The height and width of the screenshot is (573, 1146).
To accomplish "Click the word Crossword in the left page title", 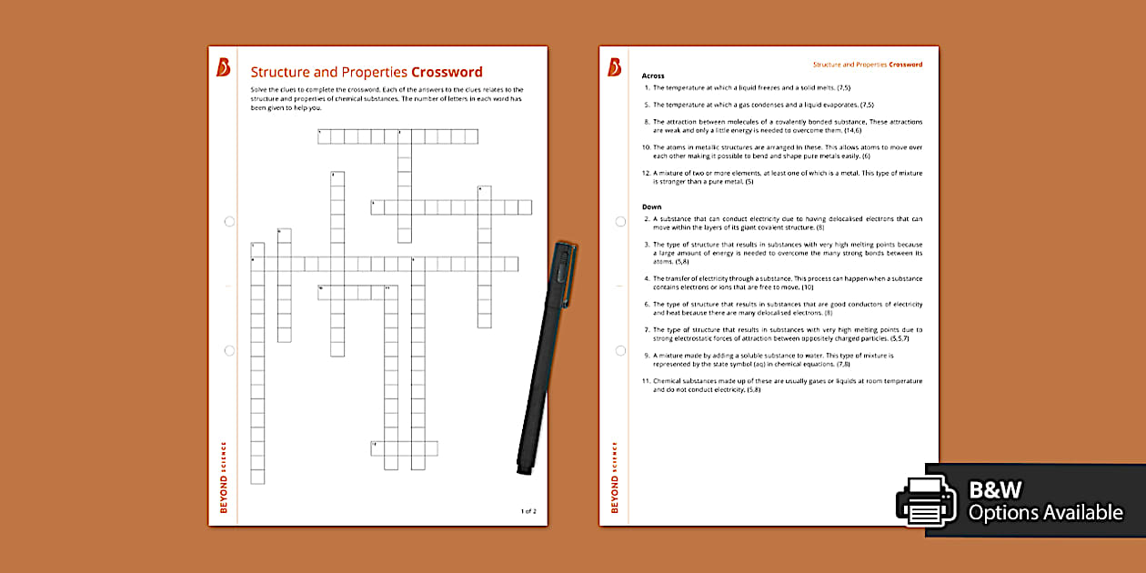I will click(447, 73).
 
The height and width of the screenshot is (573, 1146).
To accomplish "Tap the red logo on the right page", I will click(615, 67).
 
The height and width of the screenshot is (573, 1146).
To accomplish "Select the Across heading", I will click(653, 75).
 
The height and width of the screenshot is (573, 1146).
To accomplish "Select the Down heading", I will click(651, 206).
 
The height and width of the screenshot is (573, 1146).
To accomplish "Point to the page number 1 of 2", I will click(528, 511).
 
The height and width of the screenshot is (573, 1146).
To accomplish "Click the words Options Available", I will click(1045, 513).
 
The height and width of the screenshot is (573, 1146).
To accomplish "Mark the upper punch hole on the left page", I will click(229, 221).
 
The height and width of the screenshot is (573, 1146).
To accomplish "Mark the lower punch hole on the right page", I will click(620, 350).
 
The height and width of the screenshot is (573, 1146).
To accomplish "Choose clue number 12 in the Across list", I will click(647, 172).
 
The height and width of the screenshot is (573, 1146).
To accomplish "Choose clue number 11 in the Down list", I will click(647, 381).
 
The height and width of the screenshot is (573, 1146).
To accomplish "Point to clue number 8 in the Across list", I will click(647, 121).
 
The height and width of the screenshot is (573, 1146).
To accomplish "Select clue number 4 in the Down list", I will click(647, 278).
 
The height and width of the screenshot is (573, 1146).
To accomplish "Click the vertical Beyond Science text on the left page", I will click(224, 477).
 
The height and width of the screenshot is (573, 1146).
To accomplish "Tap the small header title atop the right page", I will click(867, 65).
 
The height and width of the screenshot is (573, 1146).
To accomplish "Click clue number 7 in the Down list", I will click(647, 329).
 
